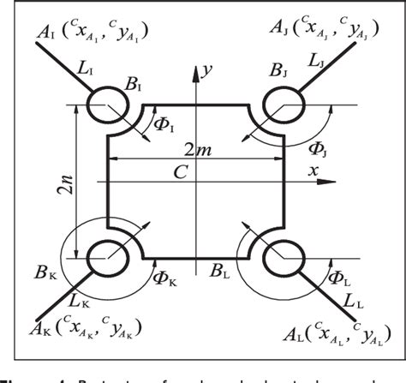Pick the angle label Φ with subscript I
tap(163, 128)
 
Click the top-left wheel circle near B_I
tap(107, 105)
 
